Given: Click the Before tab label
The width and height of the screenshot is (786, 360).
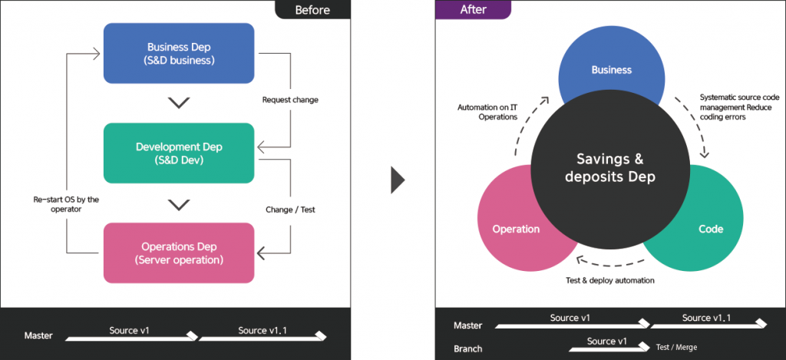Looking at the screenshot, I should click(x=312, y=10).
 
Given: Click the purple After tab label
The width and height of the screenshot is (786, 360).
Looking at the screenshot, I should click(x=474, y=10).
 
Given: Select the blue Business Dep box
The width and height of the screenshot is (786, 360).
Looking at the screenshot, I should click(x=179, y=53).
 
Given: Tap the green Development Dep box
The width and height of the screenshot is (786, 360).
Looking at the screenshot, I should click(x=178, y=153).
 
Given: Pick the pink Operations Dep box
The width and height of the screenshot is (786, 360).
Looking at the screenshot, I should click(x=178, y=253).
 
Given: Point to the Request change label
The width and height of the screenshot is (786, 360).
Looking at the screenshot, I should click(x=290, y=100).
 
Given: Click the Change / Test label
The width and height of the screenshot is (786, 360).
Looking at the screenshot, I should click(x=290, y=209).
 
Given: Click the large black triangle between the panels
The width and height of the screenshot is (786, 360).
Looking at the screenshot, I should click(x=397, y=179).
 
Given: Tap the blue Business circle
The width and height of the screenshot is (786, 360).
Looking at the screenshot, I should click(x=611, y=70).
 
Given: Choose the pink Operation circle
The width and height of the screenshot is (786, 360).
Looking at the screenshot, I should click(x=516, y=229).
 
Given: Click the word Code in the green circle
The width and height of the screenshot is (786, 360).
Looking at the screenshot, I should click(x=710, y=229).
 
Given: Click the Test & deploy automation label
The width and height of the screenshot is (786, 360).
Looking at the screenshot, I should click(x=610, y=280).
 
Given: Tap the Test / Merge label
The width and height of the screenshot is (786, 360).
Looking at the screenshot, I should click(x=676, y=347).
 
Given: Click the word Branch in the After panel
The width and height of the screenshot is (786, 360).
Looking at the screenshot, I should click(x=468, y=348).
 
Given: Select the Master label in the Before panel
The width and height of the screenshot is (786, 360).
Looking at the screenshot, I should click(x=38, y=335).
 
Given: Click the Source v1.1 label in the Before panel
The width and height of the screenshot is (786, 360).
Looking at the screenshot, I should click(x=263, y=330).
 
